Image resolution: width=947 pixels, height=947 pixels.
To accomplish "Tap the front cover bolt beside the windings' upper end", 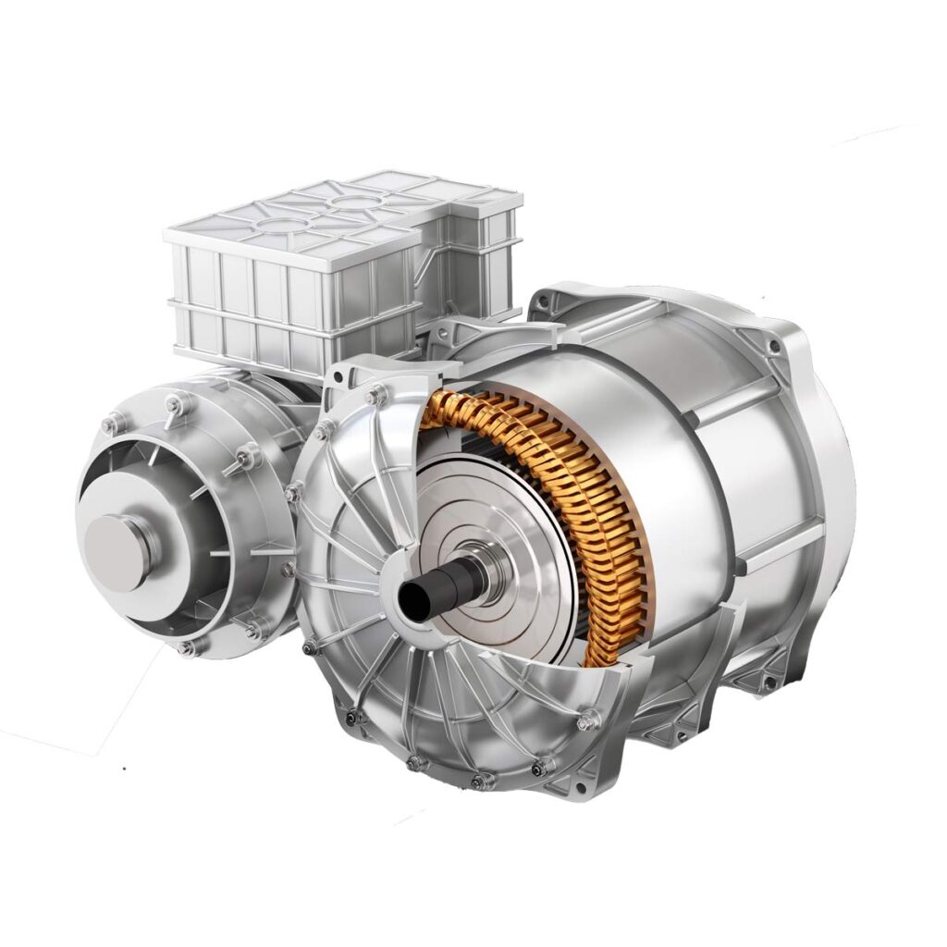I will (x=376, y=397).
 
